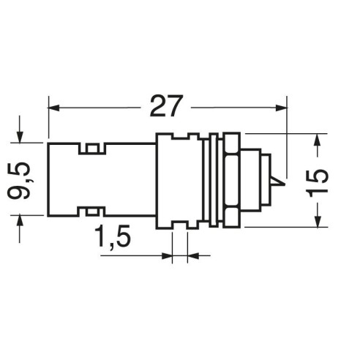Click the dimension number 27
click(167, 106)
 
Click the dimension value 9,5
click(19, 181)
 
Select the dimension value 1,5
click(113, 236)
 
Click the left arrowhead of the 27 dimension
click(53, 108)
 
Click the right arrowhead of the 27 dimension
click(281, 108)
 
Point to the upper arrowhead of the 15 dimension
click(318, 140)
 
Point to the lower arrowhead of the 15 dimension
click(318, 221)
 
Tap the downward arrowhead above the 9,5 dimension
click(20, 137)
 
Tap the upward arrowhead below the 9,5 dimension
click(20, 222)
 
